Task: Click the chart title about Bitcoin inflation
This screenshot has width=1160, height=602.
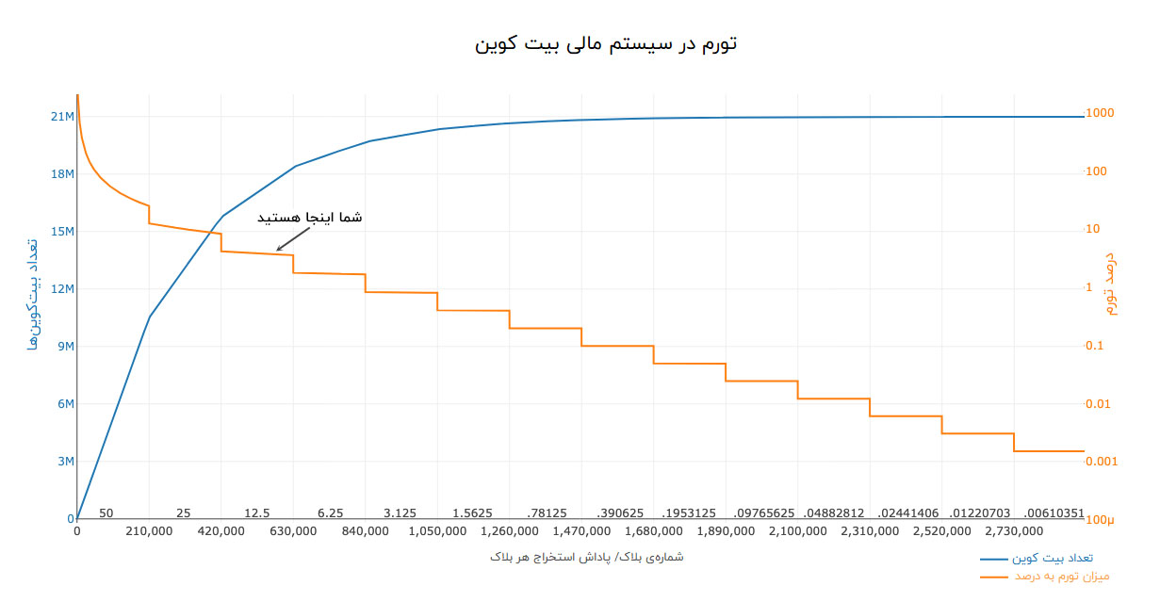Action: point(606,43)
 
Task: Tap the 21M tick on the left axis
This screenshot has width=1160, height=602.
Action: point(62,117)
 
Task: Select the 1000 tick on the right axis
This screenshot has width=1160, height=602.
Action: point(1100,113)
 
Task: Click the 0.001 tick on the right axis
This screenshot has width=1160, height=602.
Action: point(1103,462)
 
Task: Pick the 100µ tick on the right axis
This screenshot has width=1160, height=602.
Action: point(1100,520)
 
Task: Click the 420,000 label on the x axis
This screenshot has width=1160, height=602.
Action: point(221,531)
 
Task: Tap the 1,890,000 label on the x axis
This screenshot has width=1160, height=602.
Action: point(726,531)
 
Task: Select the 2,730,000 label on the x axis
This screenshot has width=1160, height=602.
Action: point(1014,531)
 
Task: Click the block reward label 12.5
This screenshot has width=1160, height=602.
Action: point(257,513)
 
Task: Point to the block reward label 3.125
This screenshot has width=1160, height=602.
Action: point(400,513)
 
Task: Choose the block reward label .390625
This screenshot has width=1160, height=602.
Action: point(620,513)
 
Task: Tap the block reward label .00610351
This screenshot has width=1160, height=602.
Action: point(1054,513)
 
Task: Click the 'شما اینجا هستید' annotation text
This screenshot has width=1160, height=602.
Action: point(310,218)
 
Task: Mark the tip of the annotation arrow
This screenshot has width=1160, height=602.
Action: point(277,251)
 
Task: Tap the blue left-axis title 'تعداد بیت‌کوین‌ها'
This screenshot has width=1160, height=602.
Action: point(33,293)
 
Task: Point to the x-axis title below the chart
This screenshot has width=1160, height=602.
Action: point(586,557)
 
